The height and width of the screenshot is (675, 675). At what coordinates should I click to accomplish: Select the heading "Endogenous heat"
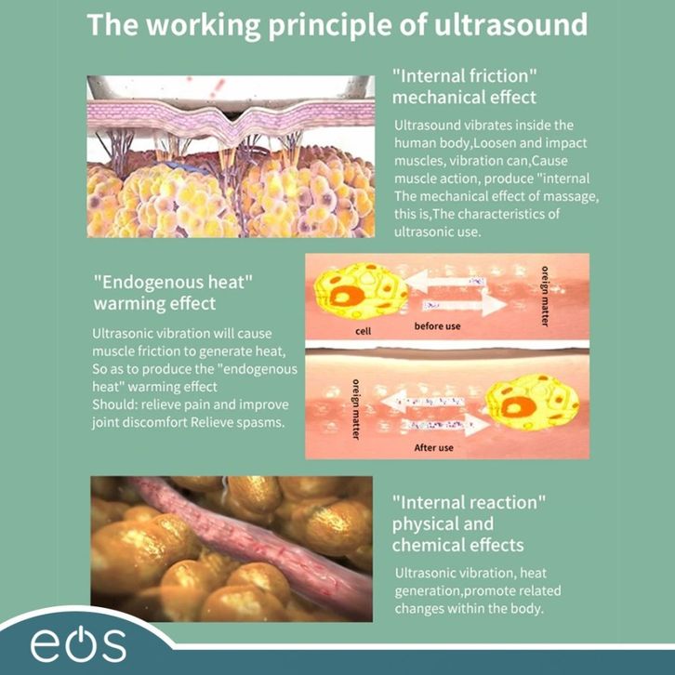[174, 281]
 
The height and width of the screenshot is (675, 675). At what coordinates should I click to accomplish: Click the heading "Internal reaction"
[469, 503]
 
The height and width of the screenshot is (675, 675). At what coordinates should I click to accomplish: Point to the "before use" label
[437, 326]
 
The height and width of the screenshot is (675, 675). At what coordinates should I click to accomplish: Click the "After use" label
[433, 447]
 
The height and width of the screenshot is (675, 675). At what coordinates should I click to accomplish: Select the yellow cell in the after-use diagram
[533, 404]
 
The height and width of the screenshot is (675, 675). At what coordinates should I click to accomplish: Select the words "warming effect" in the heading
[154, 303]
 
